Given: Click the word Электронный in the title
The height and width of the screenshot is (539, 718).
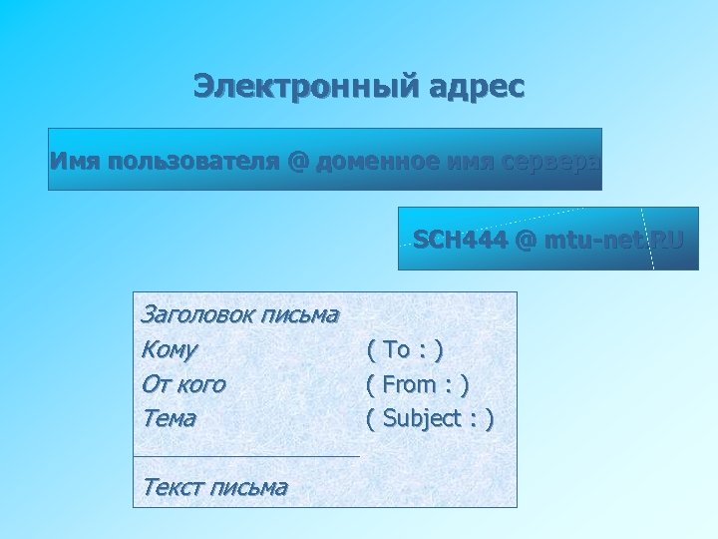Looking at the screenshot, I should pos(292,86).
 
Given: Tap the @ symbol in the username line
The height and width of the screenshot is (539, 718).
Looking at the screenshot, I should pos(297,160).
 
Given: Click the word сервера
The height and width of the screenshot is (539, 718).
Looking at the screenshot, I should pos(550,160).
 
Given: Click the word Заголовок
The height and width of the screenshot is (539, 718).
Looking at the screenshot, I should pos(195,314).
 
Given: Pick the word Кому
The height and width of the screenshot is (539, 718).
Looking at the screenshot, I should pos(170,349).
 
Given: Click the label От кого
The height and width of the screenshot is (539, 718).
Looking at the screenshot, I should pos(184,383).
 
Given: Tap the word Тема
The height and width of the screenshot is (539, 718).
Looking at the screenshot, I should pos(170,418).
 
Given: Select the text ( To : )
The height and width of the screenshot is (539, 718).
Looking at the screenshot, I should pos(405,349).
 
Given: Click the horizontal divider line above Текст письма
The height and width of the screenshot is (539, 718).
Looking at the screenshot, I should pos(246,456).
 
